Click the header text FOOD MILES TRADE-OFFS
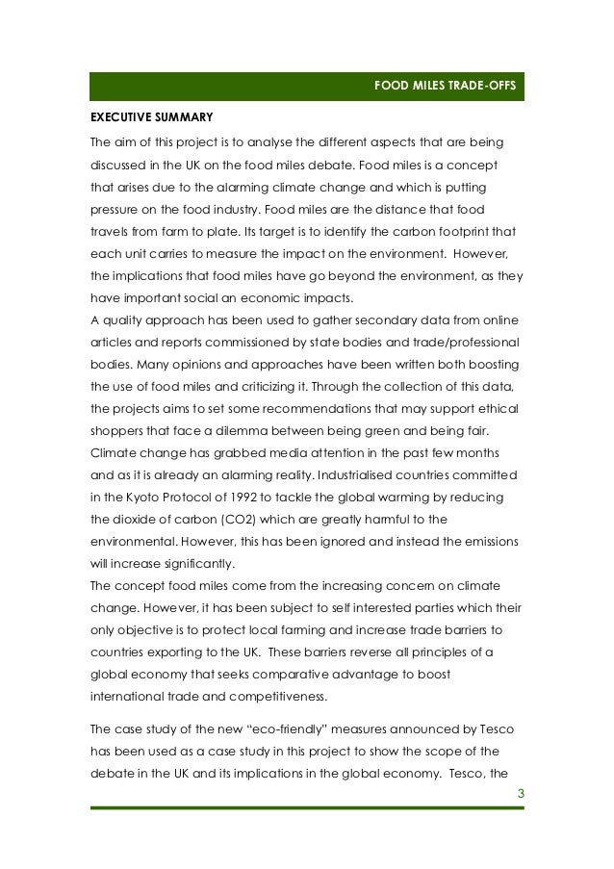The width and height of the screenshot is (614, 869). point(445,87)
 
